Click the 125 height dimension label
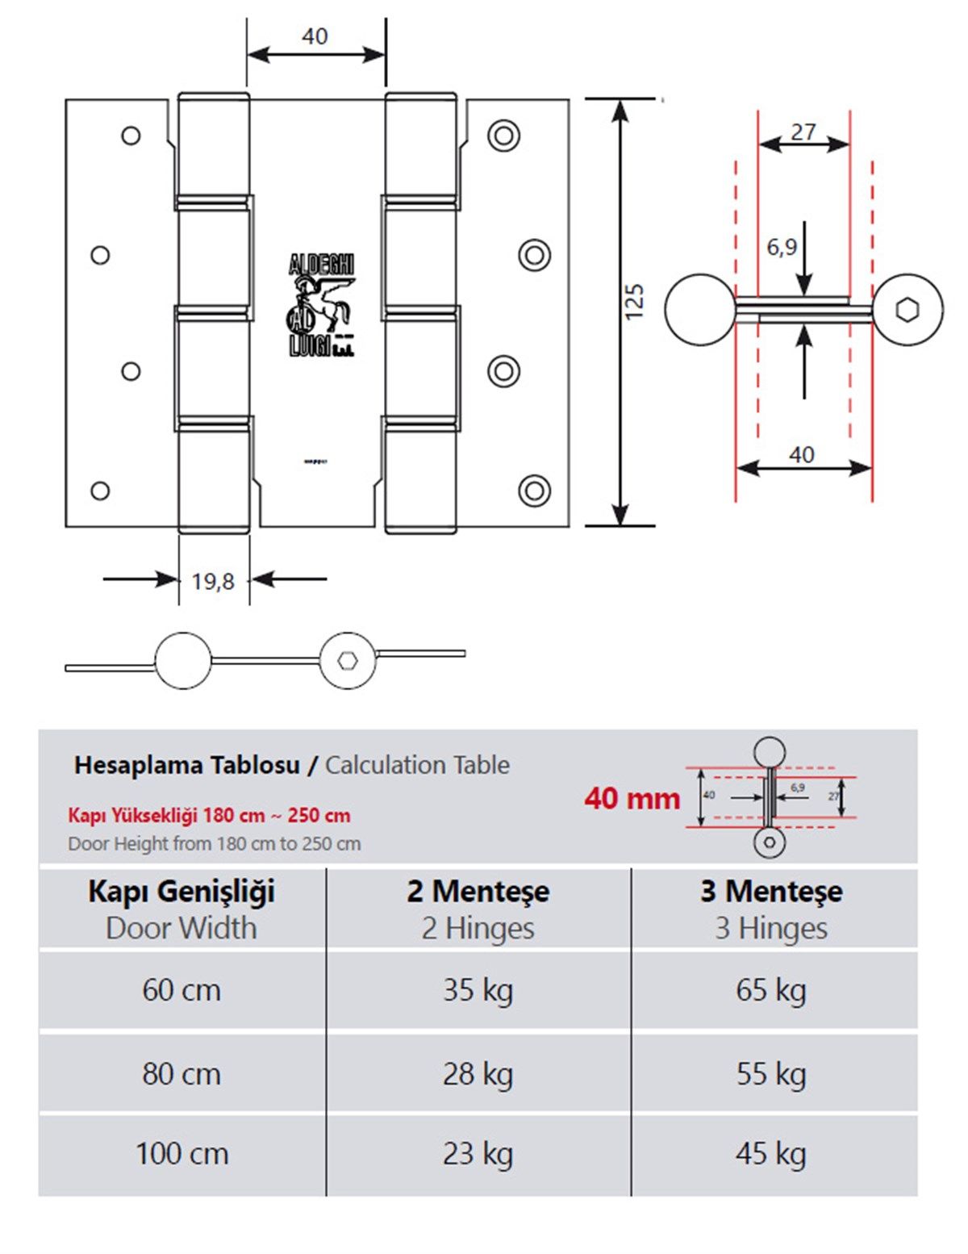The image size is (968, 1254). coord(634,302)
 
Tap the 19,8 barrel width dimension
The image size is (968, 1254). coord(213,581)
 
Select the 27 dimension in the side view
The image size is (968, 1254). coord(803,132)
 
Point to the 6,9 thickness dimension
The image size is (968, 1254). coord(782,246)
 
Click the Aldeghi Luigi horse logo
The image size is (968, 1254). coord(321,306)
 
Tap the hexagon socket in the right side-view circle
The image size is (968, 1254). coord(907,310)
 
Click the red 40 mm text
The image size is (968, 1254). coord(632,798)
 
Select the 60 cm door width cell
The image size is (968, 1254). coord(181,990)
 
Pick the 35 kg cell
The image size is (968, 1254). coord(478,990)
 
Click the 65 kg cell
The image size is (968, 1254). coord(770,990)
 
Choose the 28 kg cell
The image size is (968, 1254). coord(478,1074)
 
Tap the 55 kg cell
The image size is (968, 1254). coord(770,1074)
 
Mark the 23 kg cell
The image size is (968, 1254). coord(478,1154)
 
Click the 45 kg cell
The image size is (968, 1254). coord(770,1154)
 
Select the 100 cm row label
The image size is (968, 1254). coord(181,1154)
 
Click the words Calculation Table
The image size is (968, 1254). coord(417,765)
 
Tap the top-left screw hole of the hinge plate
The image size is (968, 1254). coord(131,136)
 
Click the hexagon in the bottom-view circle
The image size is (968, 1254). coord(348,660)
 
